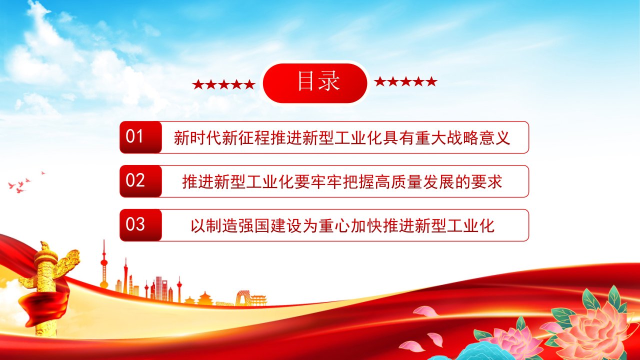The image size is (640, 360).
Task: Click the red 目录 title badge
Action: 315,83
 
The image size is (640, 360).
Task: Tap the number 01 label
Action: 134,136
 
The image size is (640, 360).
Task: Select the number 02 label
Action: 135,180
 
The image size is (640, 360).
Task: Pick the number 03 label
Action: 135,224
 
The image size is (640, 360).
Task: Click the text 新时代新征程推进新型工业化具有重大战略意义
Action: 341,137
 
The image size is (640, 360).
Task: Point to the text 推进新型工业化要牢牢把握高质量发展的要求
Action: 342,181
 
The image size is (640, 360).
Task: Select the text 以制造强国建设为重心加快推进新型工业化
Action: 342,225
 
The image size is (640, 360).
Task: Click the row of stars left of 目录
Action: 223,84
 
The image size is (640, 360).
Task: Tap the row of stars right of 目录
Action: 405,81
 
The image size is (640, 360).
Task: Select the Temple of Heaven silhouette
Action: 205,298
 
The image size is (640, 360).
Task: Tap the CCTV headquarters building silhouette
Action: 242,298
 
